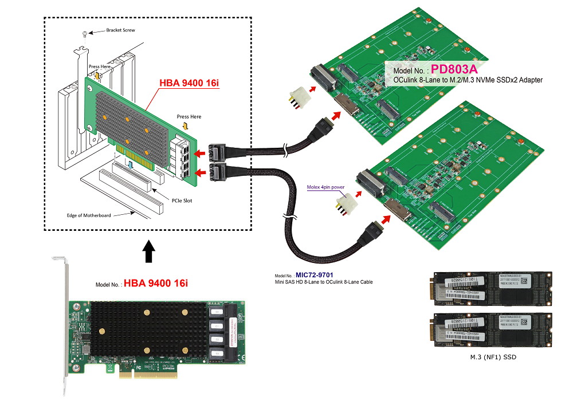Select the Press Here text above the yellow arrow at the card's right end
[189, 117]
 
